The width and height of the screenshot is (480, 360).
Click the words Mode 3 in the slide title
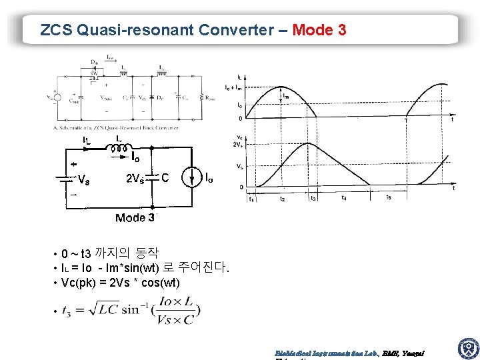coord(319,30)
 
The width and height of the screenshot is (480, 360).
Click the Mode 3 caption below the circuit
coord(135,217)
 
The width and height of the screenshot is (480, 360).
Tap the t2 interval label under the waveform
coord(283,199)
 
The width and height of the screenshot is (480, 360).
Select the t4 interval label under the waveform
coord(343,197)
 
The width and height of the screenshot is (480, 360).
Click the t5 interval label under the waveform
coord(389,198)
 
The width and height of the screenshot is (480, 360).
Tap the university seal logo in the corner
coord(467,348)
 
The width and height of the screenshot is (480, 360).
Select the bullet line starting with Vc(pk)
coord(120,283)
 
